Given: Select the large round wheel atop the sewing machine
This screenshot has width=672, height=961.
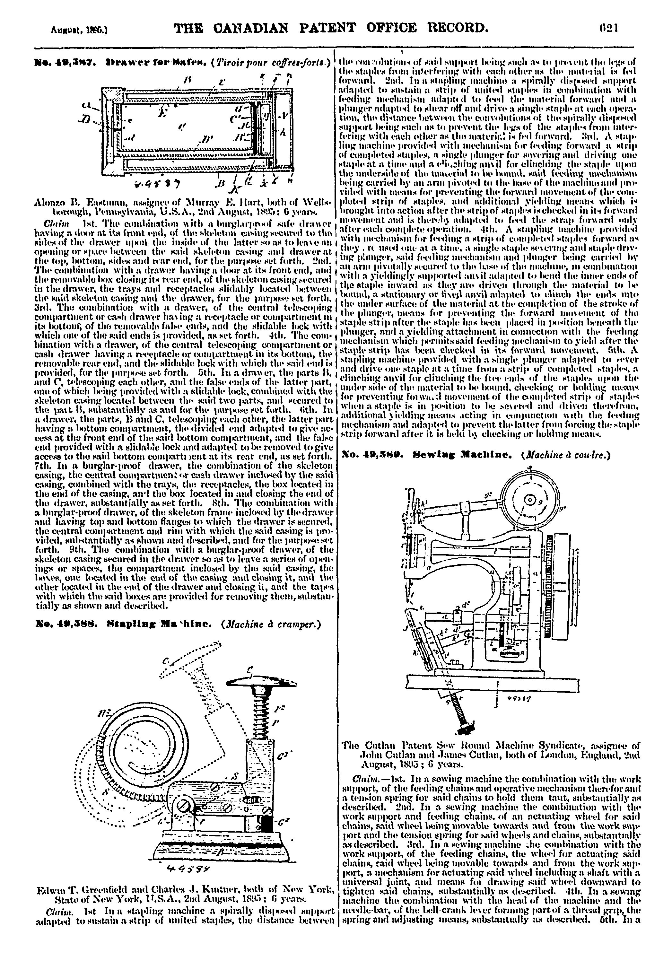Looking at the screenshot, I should click(x=530, y=500).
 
